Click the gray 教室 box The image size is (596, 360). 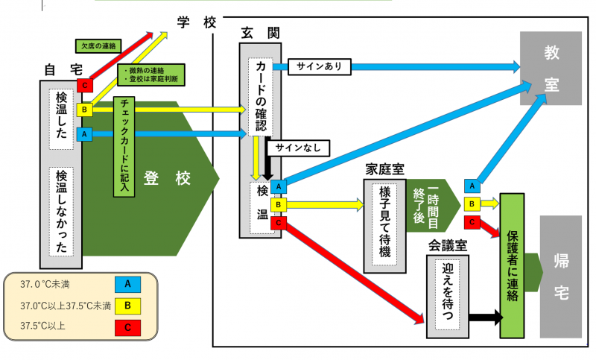pyautogui.click(x=551, y=69)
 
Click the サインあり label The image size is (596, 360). pyautogui.click(x=319, y=66)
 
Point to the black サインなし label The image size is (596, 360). pyautogui.click(x=297, y=148)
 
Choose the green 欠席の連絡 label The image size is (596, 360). pyautogui.click(x=99, y=46)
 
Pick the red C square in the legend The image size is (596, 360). pyautogui.click(x=127, y=326)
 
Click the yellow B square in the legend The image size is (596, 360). pyautogui.click(x=127, y=305)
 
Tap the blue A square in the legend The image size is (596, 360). pyautogui.click(x=127, y=284)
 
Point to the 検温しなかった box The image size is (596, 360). pyautogui.click(x=62, y=211)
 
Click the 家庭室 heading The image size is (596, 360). pyautogui.click(x=384, y=168)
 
